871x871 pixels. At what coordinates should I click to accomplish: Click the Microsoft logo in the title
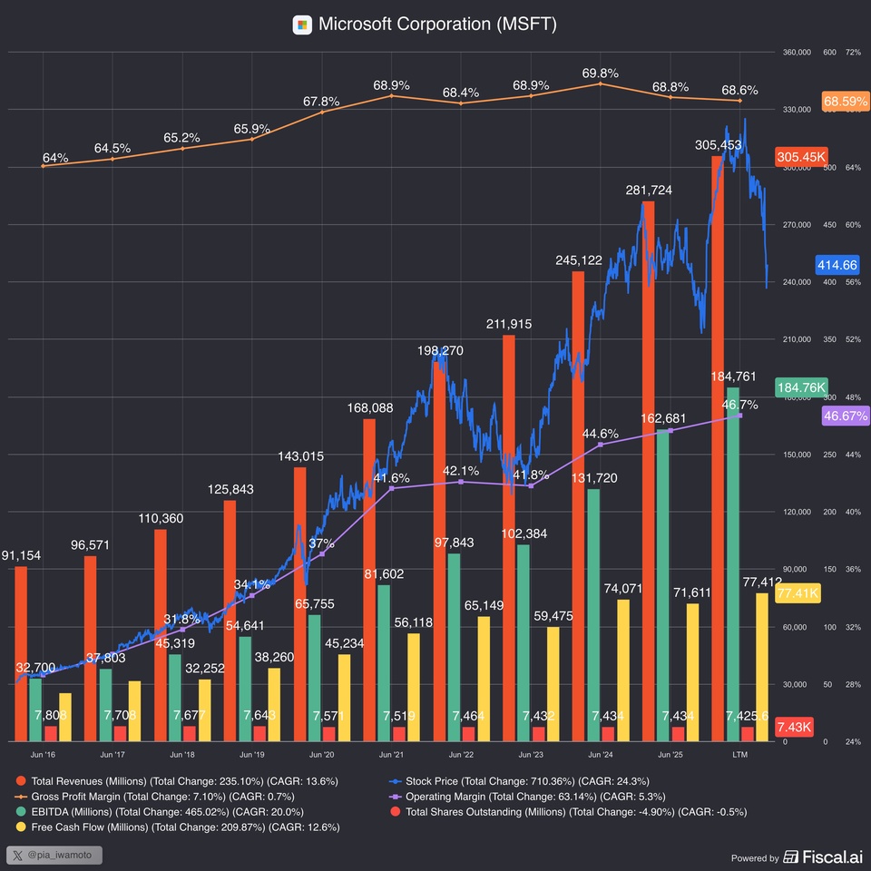click(x=302, y=24)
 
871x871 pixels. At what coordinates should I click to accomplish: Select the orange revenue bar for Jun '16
click(x=21, y=653)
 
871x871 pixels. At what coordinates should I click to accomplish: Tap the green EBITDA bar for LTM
click(x=733, y=563)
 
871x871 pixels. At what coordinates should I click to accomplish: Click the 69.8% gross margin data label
click(x=601, y=73)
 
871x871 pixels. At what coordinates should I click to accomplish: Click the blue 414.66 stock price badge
click(x=837, y=265)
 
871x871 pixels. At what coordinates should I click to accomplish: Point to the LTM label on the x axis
click(x=739, y=755)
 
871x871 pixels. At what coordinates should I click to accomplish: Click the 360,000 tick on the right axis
click(x=796, y=52)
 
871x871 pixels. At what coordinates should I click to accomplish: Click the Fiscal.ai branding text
click(x=825, y=857)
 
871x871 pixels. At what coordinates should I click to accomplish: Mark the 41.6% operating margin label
click(x=391, y=477)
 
